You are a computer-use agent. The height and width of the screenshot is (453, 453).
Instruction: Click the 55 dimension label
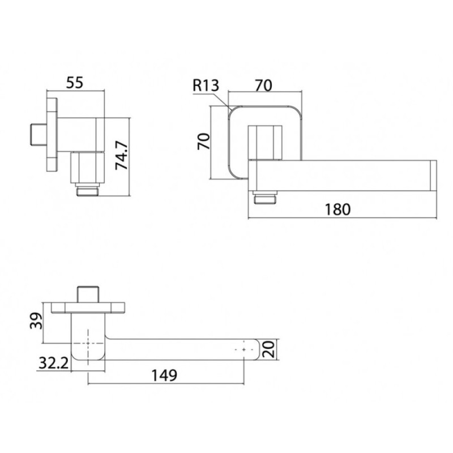pos(75,82)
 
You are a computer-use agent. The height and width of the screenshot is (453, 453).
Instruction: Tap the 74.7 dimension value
pos(122,155)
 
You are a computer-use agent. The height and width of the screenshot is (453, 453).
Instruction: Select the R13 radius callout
pos(206,86)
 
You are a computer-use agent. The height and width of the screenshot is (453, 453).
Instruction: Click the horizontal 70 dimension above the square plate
pos(263,86)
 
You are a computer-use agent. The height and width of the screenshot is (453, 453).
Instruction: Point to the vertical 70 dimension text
pos(203,141)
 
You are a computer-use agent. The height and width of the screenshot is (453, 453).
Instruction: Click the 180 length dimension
pos(337,210)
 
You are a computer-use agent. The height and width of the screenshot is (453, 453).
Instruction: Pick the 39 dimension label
pos(36,320)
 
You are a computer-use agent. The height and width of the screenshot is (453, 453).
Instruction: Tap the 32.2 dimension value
pos(54,363)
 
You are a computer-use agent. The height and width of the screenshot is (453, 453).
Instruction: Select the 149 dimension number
pos(164,375)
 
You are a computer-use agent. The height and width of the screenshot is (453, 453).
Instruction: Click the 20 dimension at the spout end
pos(268,349)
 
